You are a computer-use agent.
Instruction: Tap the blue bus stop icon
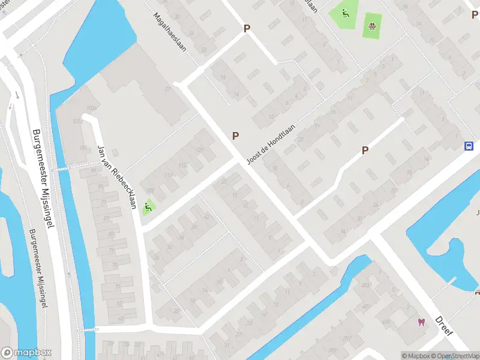pos(469,146)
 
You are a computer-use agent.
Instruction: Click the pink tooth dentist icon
pos(421,322)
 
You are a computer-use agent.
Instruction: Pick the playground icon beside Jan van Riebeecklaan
pos(148,208)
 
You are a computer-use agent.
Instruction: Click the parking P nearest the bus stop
pos(365,150)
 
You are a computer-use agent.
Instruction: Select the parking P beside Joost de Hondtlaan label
pos(236,136)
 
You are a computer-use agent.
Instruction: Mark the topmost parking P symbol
pos(247,28)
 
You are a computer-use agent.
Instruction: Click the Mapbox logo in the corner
pos(26,353)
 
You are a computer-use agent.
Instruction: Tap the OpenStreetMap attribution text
pos(457,356)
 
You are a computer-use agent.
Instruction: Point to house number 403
pos(365,286)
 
